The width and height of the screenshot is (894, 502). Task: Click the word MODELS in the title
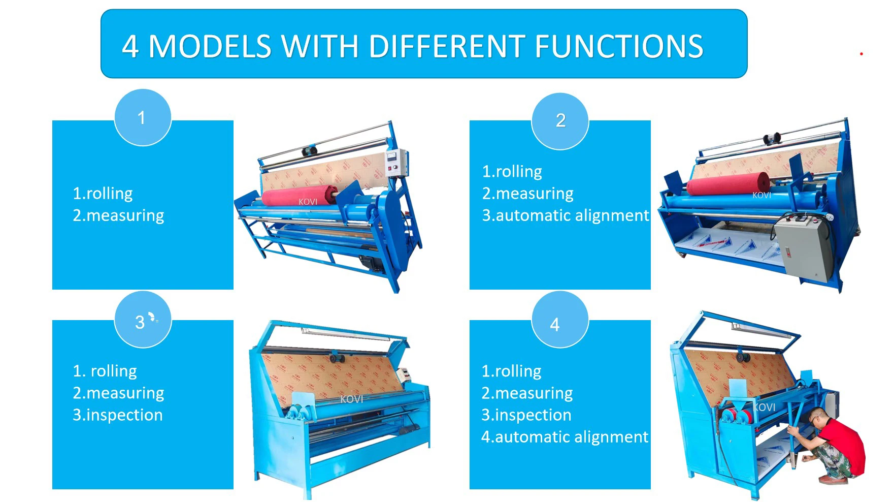coord(210,47)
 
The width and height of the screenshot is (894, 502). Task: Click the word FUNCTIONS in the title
coord(619,47)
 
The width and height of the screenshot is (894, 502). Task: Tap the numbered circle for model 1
coord(142,118)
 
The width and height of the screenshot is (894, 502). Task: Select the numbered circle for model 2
coord(560,121)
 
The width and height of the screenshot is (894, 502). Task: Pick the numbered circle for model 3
coord(142,320)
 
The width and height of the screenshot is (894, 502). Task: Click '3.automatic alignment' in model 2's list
coord(565,215)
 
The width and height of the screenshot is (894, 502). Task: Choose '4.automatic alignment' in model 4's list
coord(565,437)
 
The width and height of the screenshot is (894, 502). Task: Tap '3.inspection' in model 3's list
coord(118,415)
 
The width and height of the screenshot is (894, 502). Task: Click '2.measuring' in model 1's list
coord(118,215)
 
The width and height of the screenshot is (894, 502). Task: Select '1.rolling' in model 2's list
coord(512,172)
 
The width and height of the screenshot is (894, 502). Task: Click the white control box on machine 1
coord(396,163)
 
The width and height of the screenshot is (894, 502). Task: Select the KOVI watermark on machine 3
coord(351,399)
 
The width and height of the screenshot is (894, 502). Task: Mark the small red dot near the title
coord(862,54)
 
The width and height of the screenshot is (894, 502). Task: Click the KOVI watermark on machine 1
coord(308,202)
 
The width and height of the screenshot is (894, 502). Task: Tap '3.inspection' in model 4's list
coord(526,415)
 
